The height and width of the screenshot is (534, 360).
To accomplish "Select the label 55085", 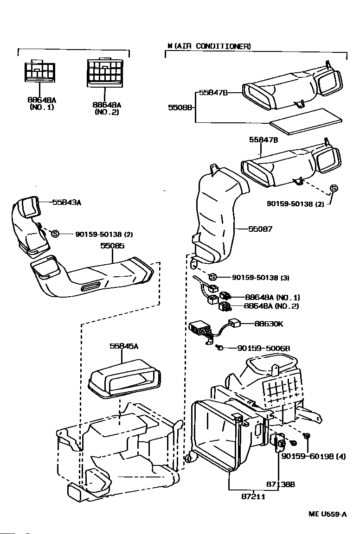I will [113, 246].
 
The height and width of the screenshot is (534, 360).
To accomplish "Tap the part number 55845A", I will [122, 346].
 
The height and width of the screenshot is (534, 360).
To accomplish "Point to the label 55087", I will [260, 229].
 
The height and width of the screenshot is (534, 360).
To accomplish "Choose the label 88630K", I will [268, 324].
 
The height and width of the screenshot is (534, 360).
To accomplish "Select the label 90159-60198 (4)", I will [313, 457].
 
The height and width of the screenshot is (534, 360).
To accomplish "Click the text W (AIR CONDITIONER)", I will [209, 46].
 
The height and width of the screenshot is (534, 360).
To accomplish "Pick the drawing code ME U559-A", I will [328, 514].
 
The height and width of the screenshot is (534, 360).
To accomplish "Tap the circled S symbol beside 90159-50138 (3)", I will [212, 277].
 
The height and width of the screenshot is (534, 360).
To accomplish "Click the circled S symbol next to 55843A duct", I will [55, 234].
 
